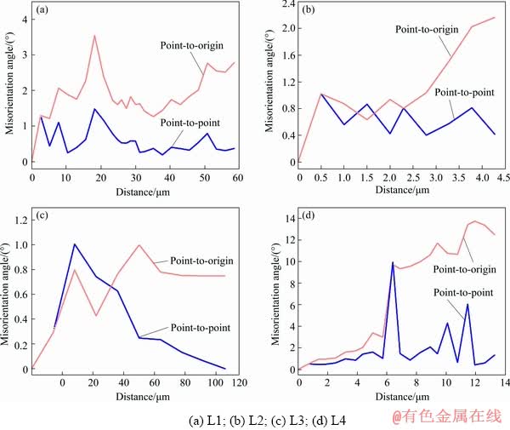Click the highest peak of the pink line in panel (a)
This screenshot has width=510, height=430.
point(94,35)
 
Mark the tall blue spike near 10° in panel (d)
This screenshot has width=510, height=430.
point(393,262)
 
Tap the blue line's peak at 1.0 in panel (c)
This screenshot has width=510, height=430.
point(75,244)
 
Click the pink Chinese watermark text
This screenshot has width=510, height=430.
point(446,416)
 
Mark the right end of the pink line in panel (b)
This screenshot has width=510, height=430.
point(495,17)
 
